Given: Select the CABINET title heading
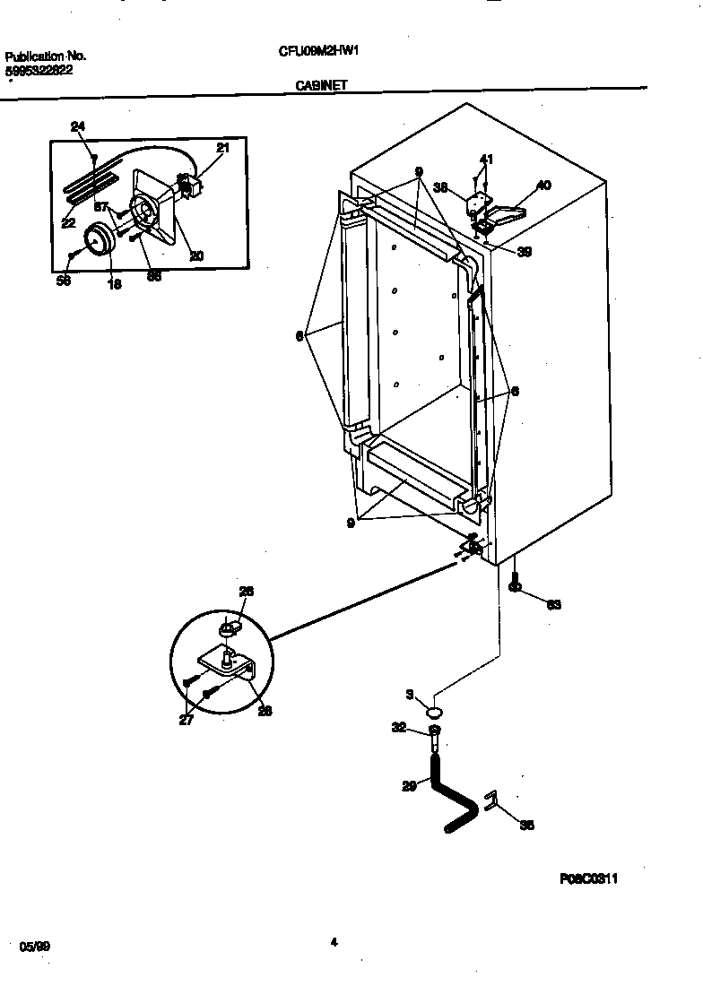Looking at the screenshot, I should [322, 86].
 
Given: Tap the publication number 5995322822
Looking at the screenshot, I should [39, 70].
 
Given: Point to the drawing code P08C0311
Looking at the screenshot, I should [589, 879].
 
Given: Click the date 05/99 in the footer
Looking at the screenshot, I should [33, 946].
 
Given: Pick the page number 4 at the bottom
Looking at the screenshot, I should [334, 942].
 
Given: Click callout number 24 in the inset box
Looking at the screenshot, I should [78, 127].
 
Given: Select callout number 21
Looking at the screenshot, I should [222, 148].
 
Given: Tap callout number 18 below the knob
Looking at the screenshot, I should [114, 284].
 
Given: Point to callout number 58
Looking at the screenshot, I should [63, 281].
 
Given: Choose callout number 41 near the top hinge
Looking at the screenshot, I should [485, 160].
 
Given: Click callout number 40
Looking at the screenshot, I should [543, 186].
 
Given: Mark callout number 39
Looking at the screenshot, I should [525, 252].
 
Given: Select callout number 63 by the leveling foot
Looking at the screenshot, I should [553, 605].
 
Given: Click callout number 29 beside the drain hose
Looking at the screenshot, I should [409, 786].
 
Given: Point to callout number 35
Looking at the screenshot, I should [526, 826].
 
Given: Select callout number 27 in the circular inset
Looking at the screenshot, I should [186, 719].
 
